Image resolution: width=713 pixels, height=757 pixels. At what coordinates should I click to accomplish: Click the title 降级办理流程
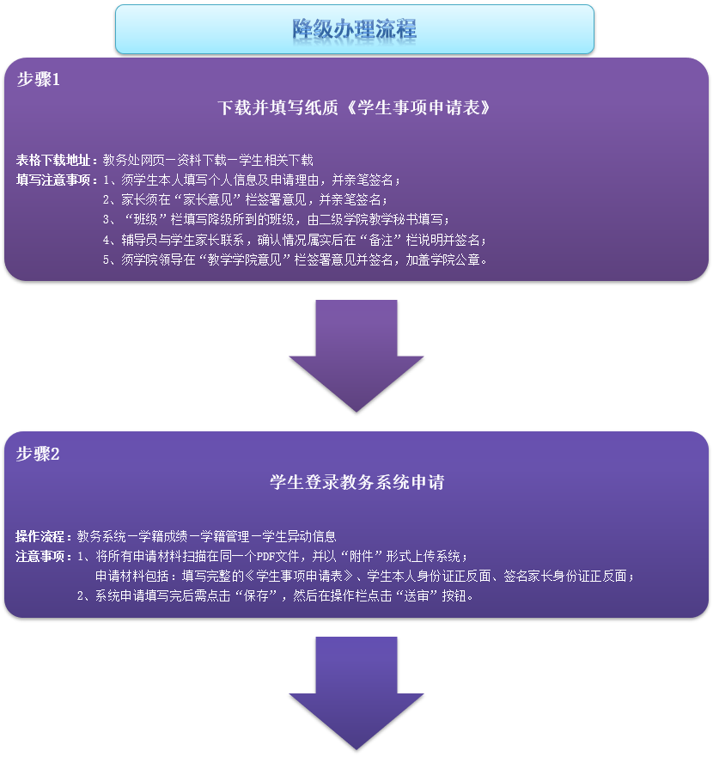point(354,29)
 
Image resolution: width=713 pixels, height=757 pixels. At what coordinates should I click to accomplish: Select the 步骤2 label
point(38,455)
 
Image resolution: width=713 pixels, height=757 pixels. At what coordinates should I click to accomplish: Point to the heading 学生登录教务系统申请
point(356,482)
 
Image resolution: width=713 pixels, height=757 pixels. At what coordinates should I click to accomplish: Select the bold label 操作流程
point(43,536)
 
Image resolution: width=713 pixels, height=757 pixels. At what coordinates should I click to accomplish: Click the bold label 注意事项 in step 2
point(43,556)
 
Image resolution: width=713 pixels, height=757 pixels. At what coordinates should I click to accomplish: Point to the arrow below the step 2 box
point(356,693)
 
